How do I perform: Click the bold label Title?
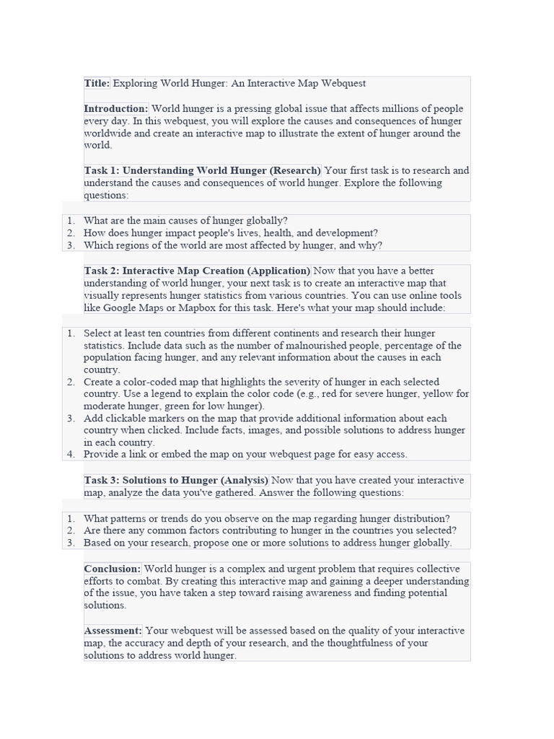pyautogui.click(x=97, y=84)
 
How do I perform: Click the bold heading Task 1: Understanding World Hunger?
pyautogui.click(x=202, y=171)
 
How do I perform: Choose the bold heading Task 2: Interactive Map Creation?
pyautogui.click(x=197, y=271)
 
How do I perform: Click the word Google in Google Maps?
pyautogui.click(x=123, y=307)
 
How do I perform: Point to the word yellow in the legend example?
pyautogui.click(x=440, y=394)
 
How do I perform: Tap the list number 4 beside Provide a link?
pyautogui.click(x=71, y=455)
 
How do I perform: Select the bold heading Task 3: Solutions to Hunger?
pyautogui.click(x=176, y=480)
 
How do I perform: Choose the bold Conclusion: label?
pyautogui.click(x=113, y=569)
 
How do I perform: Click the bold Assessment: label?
pyautogui.click(x=113, y=631)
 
